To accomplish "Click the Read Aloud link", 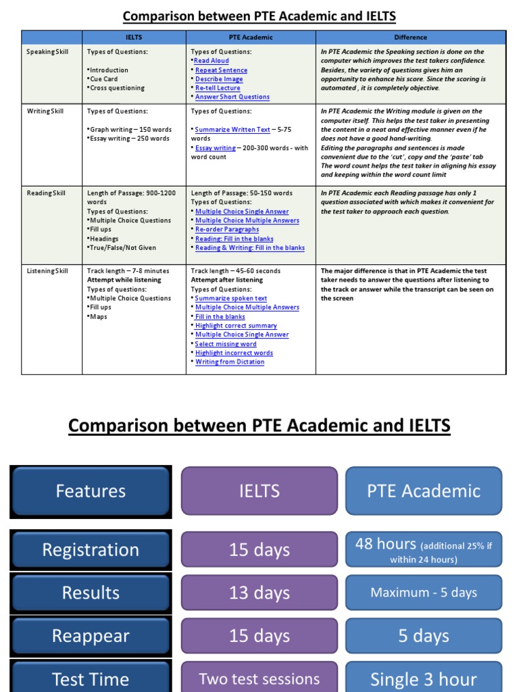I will pos(212,61).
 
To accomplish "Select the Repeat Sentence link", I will pos(221,70).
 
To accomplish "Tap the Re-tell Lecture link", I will pos(218,88).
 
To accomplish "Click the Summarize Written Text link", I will pos(232,129).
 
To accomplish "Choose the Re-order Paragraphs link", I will pos(227,230).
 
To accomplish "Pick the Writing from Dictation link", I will pos(230,362).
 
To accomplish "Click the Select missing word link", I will pos(226,344).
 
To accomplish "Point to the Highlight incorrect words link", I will pos(234,353).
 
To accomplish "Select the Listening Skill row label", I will pos(47,271).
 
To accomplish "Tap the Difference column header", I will pos(411,37).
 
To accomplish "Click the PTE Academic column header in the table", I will pos(251,37).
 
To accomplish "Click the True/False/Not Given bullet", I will pos(122,248).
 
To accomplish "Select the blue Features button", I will pos(91,491).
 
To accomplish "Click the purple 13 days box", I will pos(259,593).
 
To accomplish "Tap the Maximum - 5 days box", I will pos(424,593).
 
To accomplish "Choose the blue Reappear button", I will pos(91,636).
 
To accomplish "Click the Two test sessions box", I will pos(259,678).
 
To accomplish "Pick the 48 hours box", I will pos(424,549).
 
